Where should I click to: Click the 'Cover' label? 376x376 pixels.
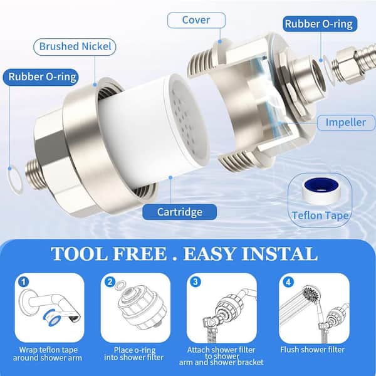(196, 19)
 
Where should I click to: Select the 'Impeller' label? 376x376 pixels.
(345, 122)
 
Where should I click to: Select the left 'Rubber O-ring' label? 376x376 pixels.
(42, 77)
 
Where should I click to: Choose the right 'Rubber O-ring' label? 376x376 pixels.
(318, 24)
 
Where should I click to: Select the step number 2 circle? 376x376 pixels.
(110, 282)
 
